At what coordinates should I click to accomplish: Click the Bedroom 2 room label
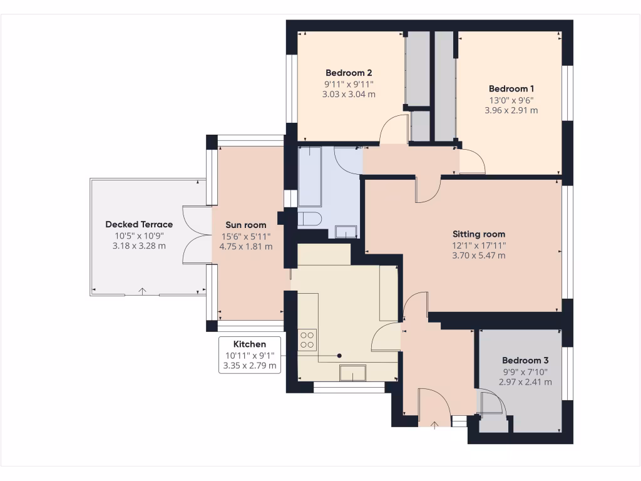point(349,71)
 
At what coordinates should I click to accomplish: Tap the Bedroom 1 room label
point(511,88)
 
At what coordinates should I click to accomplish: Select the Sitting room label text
point(478,234)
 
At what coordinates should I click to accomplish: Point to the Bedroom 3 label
point(525,361)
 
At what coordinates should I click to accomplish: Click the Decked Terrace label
point(139,224)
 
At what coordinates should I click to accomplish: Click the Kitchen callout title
point(249,344)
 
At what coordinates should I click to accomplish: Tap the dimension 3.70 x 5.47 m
point(478,255)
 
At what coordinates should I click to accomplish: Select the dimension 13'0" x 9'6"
point(511,100)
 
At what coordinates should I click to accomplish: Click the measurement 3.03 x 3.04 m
point(349,94)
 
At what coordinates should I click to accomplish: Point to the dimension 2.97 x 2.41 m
point(525,381)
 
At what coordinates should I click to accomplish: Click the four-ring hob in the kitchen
point(307,339)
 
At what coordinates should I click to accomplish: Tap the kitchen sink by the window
point(352,373)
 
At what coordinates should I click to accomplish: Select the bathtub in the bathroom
point(310,177)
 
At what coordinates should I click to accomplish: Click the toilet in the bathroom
point(309,219)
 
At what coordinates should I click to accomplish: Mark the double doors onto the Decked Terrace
point(195,235)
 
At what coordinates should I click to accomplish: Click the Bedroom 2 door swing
point(393,130)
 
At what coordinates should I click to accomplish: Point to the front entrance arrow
point(434,425)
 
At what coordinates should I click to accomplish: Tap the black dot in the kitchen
point(340,356)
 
